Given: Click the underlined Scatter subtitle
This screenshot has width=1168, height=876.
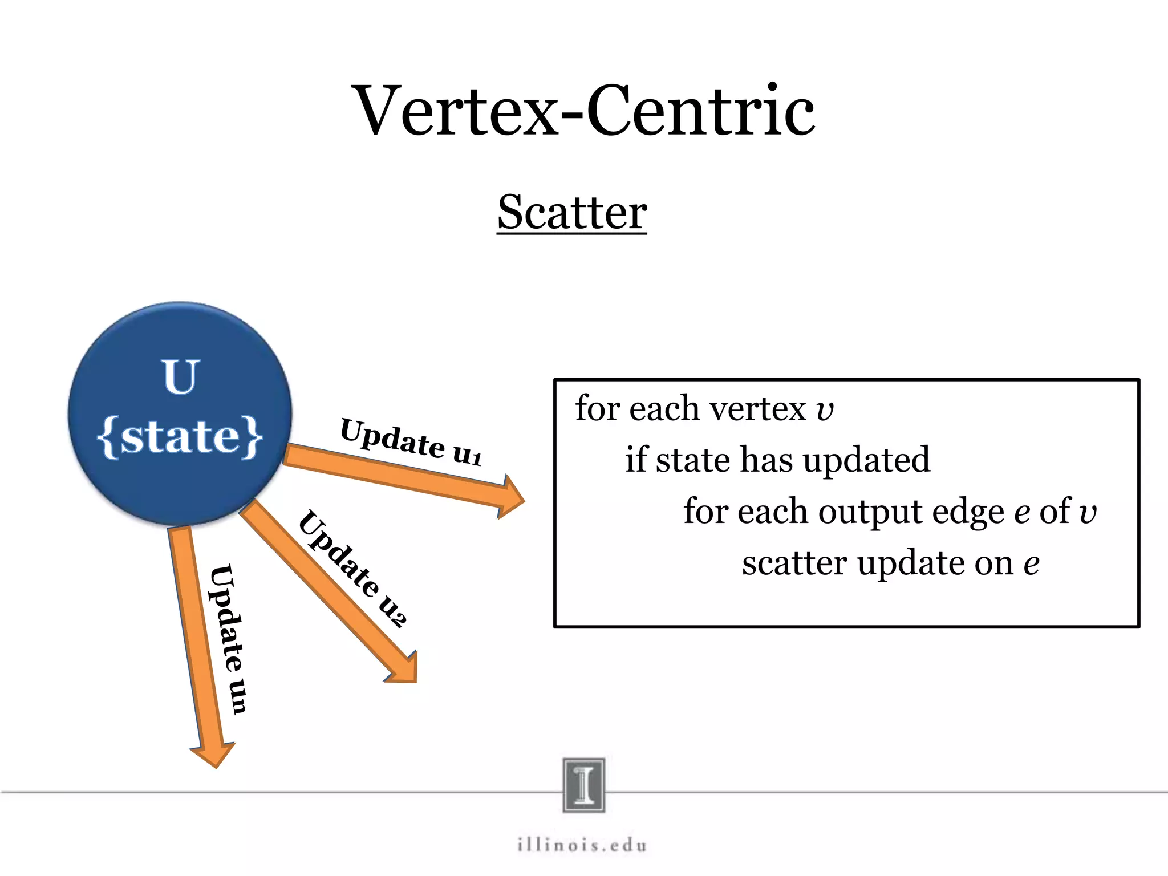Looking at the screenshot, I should pyautogui.click(x=572, y=212).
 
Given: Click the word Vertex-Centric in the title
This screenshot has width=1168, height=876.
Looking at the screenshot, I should pyautogui.click(x=584, y=111).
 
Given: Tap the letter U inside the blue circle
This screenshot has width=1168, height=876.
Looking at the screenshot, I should pyautogui.click(x=180, y=377).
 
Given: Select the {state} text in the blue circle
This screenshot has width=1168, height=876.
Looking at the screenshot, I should pyautogui.click(x=180, y=437).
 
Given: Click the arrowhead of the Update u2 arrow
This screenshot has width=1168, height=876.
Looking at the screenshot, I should pyautogui.click(x=406, y=670).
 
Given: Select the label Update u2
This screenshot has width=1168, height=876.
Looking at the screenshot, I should pyautogui.click(x=352, y=568).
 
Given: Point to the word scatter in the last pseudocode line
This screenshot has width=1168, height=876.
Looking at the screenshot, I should pyautogui.click(x=794, y=563).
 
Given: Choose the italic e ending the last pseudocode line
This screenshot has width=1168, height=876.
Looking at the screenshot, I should pyautogui.click(x=1031, y=564).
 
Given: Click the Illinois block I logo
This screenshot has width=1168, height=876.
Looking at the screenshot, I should pyautogui.click(x=583, y=785).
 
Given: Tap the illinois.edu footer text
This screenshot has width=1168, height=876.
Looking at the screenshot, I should pyautogui.click(x=582, y=845).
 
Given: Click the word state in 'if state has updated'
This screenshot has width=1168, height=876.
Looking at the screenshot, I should pyautogui.click(x=692, y=460).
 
